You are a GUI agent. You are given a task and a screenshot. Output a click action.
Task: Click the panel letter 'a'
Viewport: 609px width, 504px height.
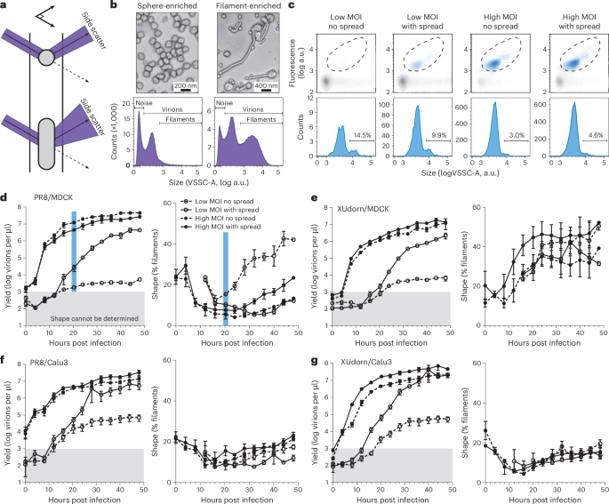4,7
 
